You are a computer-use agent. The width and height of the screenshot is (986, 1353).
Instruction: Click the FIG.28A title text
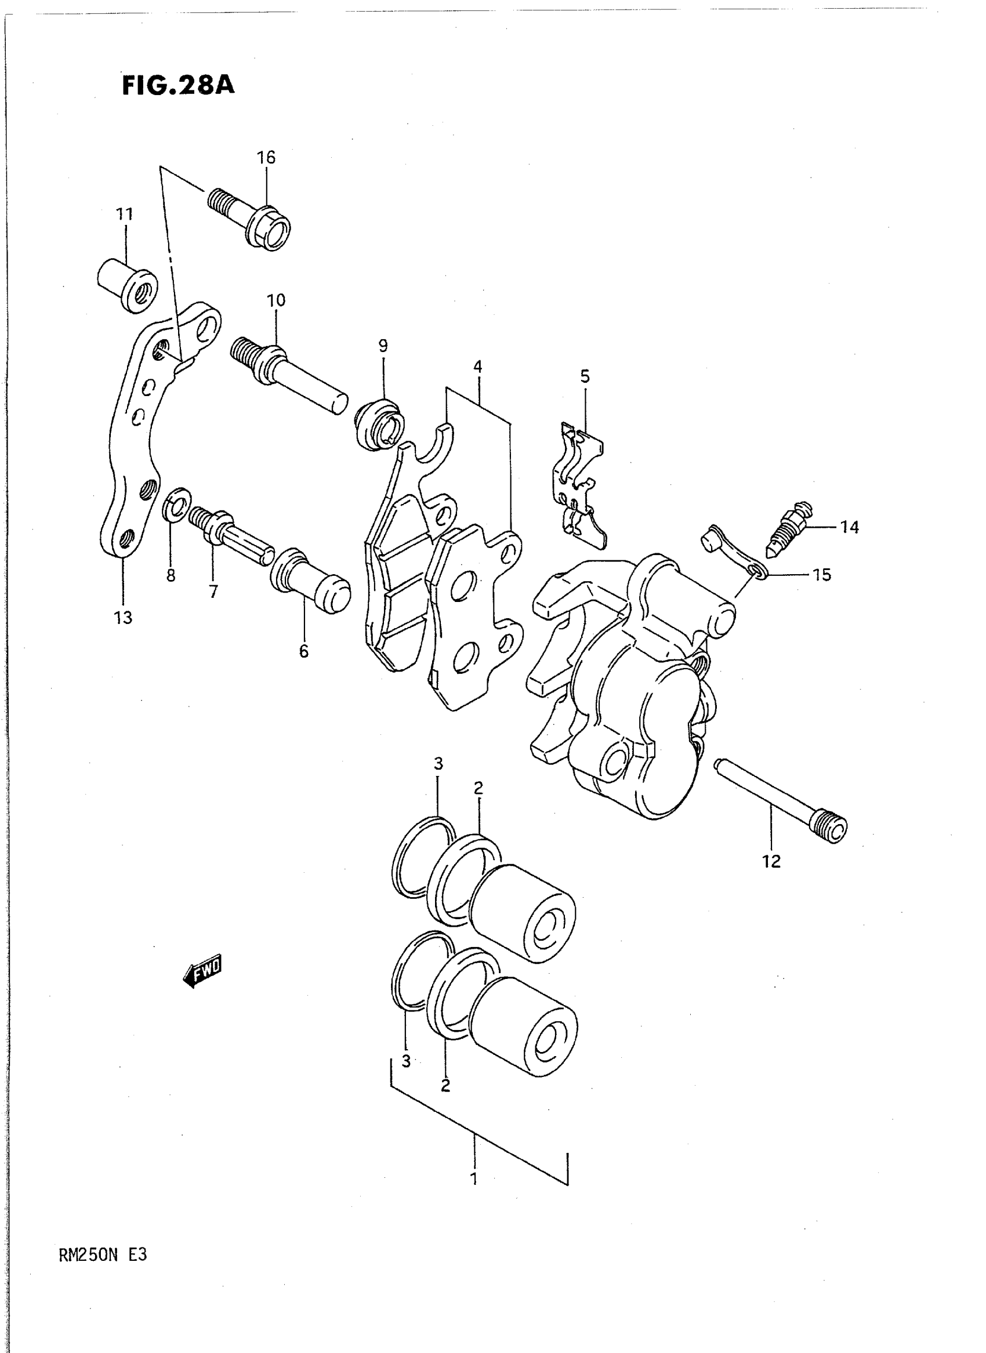178,85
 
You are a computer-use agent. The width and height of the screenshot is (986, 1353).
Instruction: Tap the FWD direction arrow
202,970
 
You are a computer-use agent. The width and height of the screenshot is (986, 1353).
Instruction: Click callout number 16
266,158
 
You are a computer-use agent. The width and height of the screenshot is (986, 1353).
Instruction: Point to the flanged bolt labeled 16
251,217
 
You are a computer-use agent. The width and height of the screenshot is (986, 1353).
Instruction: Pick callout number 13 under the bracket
123,618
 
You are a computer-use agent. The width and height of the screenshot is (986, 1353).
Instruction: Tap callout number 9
383,346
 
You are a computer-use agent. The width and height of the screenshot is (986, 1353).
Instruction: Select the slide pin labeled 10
288,374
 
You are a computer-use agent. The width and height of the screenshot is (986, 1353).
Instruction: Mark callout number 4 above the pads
477,367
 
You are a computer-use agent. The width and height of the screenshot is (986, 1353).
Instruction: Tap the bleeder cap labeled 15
733,549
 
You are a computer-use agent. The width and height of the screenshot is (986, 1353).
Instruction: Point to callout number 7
213,592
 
